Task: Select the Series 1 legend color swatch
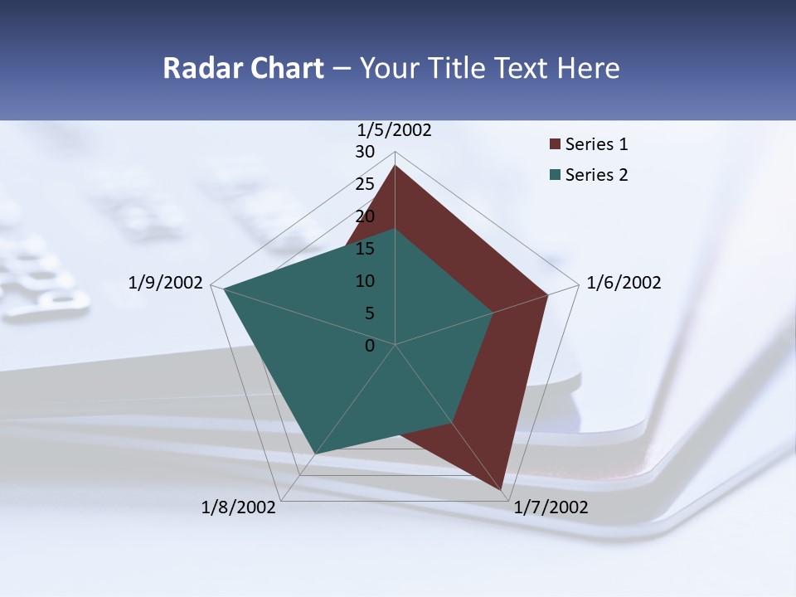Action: point(555,145)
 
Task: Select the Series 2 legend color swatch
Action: point(555,175)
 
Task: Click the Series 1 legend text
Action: point(596,145)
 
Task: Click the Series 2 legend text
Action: point(596,175)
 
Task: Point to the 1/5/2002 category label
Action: point(395,130)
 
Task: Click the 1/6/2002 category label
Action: point(624,284)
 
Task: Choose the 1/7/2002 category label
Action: point(551,507)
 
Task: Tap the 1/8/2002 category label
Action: point(239,507)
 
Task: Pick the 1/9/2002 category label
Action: point(165,284)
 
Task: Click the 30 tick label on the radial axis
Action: point(365,152)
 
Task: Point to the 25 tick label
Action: point(365,184)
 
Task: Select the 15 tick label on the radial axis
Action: point(365,249)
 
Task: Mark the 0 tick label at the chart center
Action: point(370,346)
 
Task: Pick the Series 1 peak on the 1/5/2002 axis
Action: point(395,166)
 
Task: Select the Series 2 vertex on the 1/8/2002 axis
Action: point(315,454)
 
